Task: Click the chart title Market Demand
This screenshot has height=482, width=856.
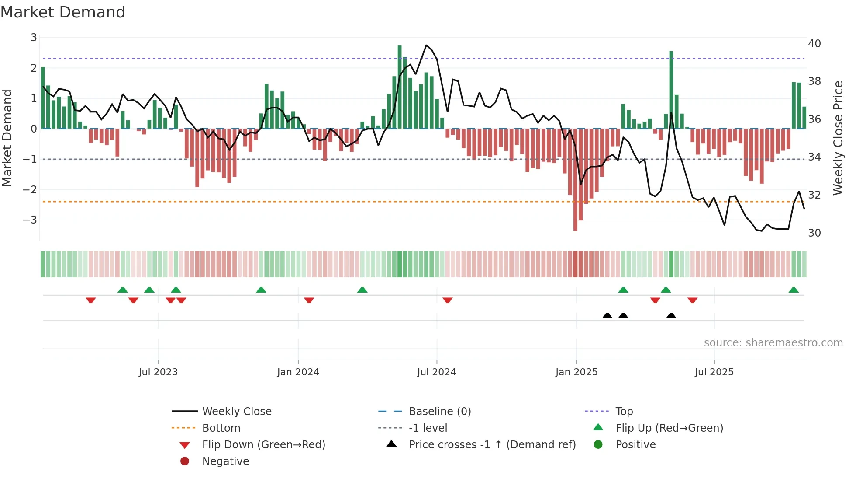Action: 63,12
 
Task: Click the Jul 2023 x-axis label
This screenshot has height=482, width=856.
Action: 158,372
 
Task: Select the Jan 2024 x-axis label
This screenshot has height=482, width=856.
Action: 298,372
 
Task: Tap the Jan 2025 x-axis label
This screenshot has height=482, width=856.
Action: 576,372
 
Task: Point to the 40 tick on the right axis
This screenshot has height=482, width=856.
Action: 814,44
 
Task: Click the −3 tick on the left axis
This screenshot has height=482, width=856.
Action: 30,220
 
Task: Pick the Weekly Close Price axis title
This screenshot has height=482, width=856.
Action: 838,138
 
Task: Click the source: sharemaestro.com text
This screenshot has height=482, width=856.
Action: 773,343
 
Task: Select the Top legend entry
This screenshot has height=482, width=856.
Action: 624,412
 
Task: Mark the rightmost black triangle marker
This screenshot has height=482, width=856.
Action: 671,316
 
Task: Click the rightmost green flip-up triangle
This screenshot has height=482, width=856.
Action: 794,290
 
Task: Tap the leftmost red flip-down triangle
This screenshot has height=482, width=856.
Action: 91,300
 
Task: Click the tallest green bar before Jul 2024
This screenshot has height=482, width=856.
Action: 400,87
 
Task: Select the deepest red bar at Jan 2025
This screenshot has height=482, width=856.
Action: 575,179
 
